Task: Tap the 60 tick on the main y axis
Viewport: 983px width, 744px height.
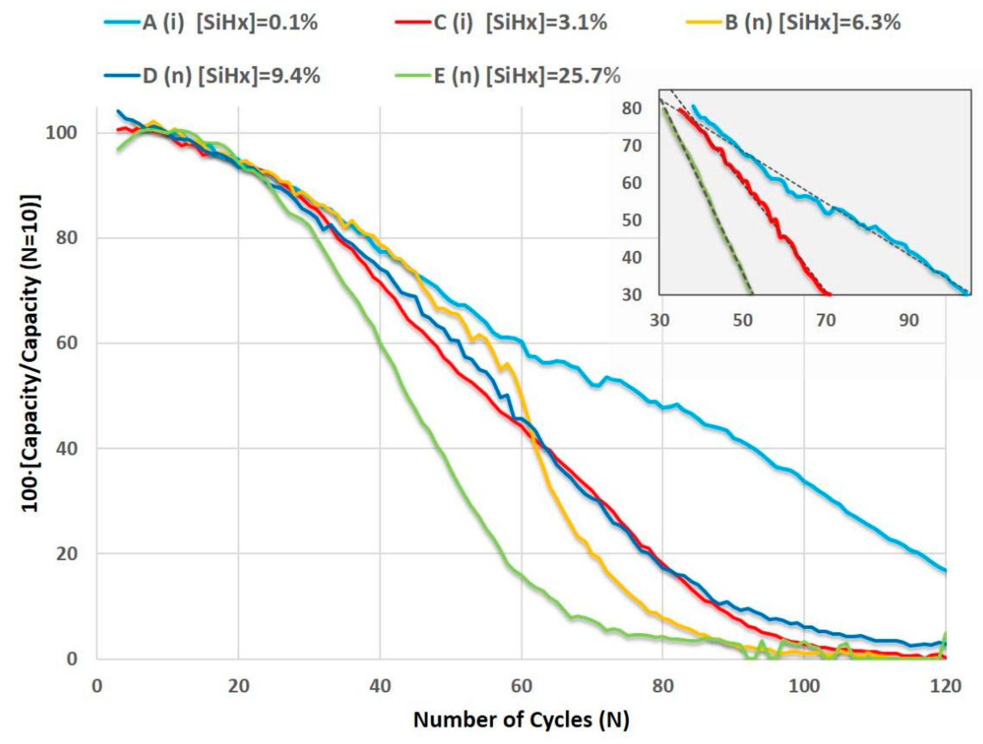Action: coord(67,343)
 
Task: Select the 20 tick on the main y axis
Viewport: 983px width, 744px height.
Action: coord(67,553)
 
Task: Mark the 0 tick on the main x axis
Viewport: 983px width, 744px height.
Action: coord(97,686)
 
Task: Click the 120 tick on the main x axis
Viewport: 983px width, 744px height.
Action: coord(946,686)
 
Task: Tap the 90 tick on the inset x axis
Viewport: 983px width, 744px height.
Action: coord(909,320)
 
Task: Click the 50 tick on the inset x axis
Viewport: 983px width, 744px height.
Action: coord(743,320)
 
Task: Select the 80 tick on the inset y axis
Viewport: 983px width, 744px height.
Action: coord(632,108)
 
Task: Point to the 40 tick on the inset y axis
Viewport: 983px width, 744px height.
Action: coord(632,257)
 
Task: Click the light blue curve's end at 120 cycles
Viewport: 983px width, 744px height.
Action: coord(945,571)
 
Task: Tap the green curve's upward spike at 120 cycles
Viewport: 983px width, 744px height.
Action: coord(946,632)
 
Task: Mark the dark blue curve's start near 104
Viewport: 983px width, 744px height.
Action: coord(118,110)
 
